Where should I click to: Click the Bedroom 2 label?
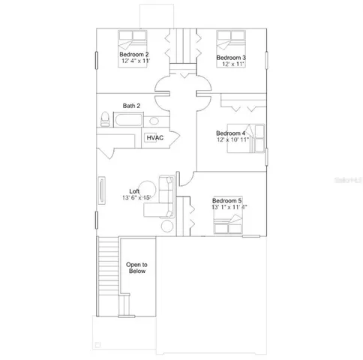(134, 55)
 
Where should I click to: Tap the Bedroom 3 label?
(232, 58)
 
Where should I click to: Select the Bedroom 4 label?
(232, 133)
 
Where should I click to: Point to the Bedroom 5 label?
(227, 200)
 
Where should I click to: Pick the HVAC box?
(154, 138)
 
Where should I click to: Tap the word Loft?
(135, 191)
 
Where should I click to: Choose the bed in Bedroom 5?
(229, 222)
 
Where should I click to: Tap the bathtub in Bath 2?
(130, 121)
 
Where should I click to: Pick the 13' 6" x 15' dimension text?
(137, 199)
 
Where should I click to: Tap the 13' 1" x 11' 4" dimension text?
(229, 207)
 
